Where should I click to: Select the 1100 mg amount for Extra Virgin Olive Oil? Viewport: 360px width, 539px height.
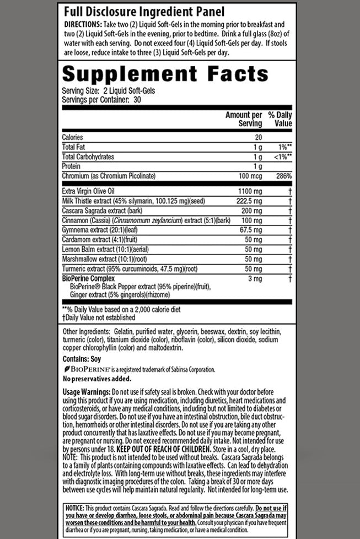250,190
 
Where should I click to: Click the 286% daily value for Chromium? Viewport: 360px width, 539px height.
284,176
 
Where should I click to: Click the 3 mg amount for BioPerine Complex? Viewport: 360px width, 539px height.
255,279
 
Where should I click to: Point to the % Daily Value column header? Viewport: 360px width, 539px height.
280,120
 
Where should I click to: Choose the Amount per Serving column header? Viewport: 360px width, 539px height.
244,120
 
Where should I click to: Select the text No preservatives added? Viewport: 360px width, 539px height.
97,379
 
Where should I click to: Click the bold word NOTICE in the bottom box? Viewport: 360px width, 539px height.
74,507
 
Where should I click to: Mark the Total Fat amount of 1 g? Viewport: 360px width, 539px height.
256,147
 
